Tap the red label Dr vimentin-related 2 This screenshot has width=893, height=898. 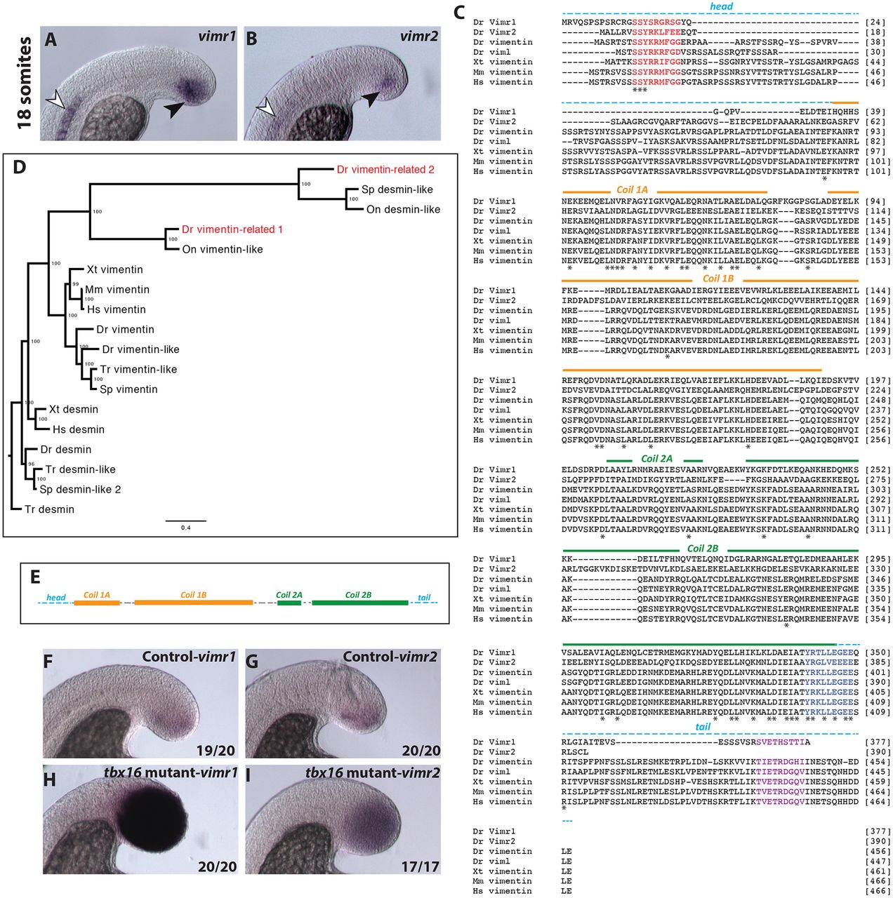[x=385, y=169]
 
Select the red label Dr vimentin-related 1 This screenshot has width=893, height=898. [x=232, y=229]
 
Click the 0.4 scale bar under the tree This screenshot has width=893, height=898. [x=185, y=521]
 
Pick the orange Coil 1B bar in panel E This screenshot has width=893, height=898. [x=193, y=603]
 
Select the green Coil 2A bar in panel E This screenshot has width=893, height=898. [x=289, y=603]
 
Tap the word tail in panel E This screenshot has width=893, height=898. [x=424, y=598]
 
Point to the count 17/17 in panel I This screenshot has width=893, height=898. [x=420, y=866]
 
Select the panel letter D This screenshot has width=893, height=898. [x=19, y=167]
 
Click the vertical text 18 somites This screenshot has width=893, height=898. [x=25, y=83]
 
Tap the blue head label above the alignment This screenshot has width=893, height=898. [x=721, y=6]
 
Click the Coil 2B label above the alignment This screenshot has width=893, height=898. [x=702, y=549]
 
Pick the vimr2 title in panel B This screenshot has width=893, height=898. [x=419, y=36]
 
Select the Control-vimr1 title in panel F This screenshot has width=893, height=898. [x=189, y=657]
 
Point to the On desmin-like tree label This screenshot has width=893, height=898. [x=403, y=209]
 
